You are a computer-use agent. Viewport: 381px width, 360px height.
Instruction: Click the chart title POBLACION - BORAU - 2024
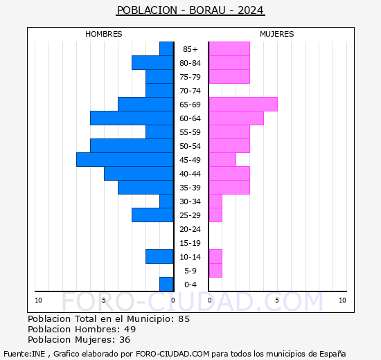pos(190,10)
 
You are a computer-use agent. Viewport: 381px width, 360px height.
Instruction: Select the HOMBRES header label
pos(104,34)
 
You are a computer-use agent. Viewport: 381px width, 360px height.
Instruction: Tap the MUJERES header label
pos(276,34)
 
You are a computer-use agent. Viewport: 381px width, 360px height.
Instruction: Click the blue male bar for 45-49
pos(125,160)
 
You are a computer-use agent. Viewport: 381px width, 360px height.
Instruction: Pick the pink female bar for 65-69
pos(242,105)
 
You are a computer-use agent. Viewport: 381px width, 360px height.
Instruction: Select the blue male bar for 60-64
pos(132,118)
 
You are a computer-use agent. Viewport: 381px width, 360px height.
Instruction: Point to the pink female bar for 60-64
pos(236,118)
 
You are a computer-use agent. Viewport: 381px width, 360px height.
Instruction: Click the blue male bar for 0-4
pos(166,285)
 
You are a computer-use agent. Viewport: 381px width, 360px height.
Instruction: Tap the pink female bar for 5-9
pos(215,271)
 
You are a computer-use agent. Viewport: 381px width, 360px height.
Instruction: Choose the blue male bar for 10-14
pos(159,257)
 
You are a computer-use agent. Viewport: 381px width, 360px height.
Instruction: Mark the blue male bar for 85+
pos(166,49)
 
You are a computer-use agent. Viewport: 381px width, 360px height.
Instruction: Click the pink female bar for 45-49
pos(222,160)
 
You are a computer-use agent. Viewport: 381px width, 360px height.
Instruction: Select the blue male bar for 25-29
pos(152,215)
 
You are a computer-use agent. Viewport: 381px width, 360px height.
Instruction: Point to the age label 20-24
pos(190,229)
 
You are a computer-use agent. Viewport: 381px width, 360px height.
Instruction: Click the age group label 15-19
pos(190,243)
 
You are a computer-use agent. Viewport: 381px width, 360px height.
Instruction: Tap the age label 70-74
pos(190,91)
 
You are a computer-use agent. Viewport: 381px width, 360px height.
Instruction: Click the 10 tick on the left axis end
pos(39,300)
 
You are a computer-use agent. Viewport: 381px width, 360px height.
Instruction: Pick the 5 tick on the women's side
pos(276,300)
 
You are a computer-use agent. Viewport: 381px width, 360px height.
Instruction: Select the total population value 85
pos(184,319)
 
